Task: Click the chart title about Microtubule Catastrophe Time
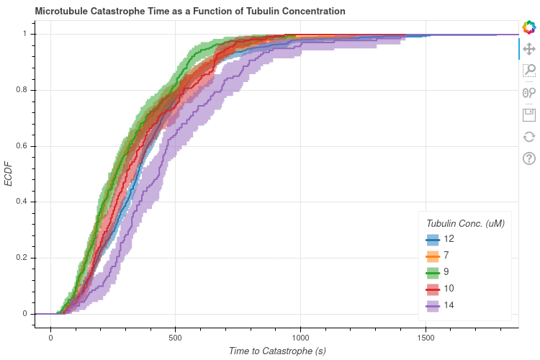pos(180,12)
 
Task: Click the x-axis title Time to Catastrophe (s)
pos(276,351)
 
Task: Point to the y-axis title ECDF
pos(9,174)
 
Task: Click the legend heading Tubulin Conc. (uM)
pos(464,223)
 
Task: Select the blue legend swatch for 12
pos(433,239)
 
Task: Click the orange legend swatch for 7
pos(433,256)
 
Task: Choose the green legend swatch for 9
pos(433,272)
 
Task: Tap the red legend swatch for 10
pos(433,289)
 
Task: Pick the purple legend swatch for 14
pos(433,305)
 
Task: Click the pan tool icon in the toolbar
pos(529,49)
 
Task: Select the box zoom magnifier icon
pos(529,71)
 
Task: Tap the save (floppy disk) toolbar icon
pos(529,114)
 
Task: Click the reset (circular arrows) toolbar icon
pos(529,136)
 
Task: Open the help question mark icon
pos(529,158)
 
